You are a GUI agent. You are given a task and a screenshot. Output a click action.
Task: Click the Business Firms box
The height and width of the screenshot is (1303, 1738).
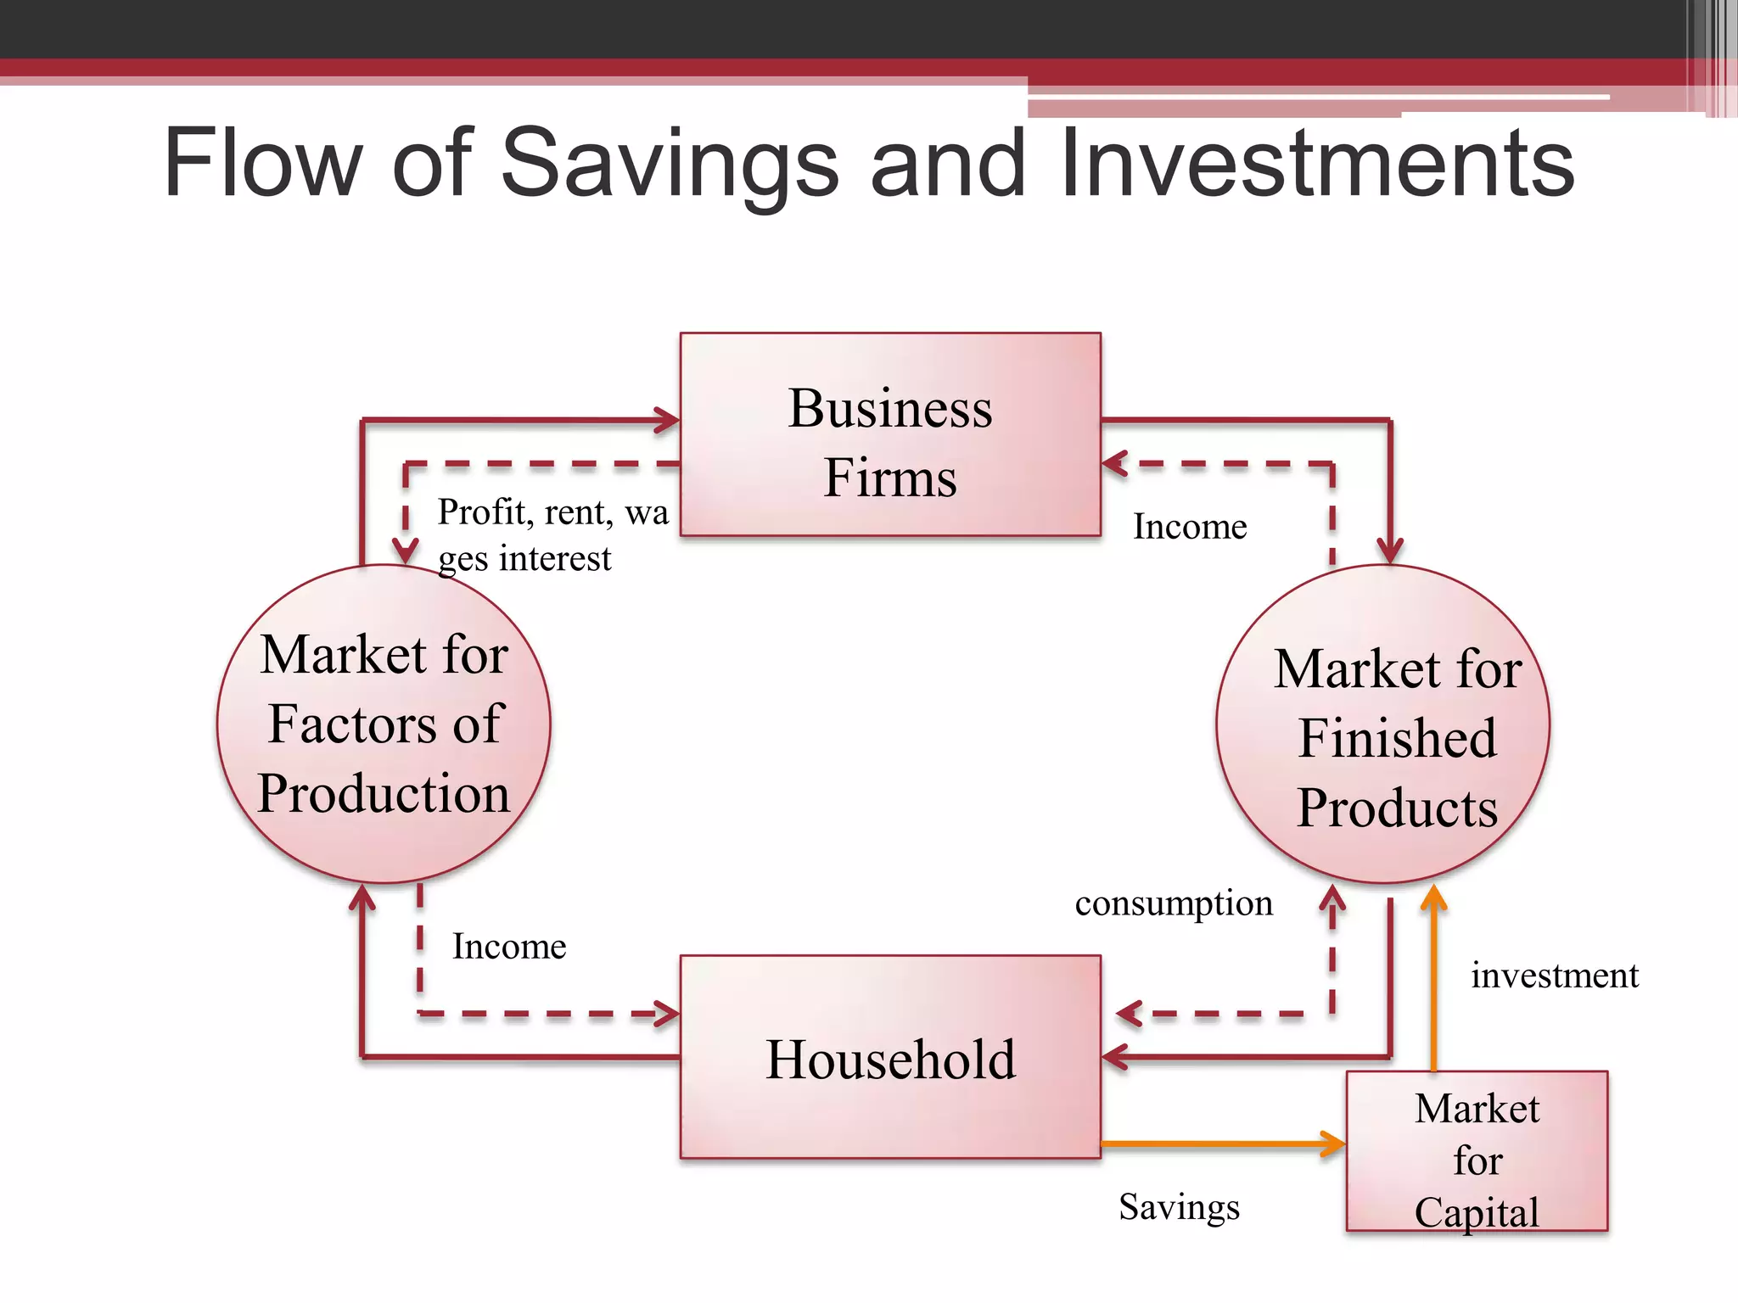coord(890,434)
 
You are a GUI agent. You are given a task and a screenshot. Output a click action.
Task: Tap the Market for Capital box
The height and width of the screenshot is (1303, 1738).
coord(1477,1151)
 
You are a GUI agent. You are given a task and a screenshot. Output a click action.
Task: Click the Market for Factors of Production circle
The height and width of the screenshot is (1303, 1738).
coord(384,724)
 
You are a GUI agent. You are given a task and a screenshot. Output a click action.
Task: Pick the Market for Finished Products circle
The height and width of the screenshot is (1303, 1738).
coord(1383,724)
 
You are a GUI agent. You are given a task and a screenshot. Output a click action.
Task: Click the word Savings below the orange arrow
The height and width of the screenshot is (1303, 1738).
coord(1179,1206)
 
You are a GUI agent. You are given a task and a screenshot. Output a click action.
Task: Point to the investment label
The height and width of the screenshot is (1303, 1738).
coord(1555,976)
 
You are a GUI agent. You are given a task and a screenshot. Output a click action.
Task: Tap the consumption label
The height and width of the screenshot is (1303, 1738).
coord(1174,903)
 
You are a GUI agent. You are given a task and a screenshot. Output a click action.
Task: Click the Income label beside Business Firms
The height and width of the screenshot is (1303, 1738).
coord(1190,527)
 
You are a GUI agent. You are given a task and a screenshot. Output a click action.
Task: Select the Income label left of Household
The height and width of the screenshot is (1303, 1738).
coord(509,947)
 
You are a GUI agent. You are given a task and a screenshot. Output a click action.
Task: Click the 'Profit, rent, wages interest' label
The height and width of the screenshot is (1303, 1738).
coord(552,534)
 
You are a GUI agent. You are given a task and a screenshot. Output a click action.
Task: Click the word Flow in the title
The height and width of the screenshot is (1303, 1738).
coord(263,163)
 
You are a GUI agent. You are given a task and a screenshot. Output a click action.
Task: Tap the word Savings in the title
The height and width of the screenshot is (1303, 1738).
coord(670,163)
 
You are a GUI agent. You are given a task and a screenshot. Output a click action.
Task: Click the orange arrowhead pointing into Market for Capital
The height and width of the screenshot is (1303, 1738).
coord(1335,1144)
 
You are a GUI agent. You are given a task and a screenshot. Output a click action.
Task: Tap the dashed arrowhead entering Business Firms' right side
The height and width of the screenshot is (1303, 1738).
coord(1114,464)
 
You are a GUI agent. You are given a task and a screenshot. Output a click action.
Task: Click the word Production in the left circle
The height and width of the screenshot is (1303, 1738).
coord(384,794)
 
